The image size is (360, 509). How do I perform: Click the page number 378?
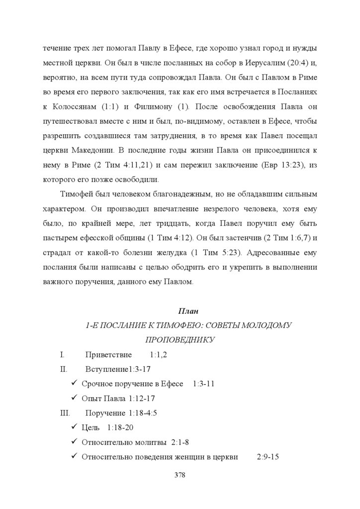pos(180,475)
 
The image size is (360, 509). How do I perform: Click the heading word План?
pos(188,311)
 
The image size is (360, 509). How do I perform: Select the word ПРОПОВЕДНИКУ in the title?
pos(180,340)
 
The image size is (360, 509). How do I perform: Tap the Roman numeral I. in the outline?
pos(62,355)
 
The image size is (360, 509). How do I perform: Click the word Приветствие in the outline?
pos(108,355)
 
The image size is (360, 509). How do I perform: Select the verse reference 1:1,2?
pos(158,355)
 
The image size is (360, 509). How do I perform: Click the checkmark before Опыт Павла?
pos(74,398)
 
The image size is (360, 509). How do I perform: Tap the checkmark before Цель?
pos(74,427)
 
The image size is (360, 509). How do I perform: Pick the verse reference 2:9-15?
pos(268,456)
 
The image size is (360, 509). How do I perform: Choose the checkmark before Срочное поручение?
pos(74,384)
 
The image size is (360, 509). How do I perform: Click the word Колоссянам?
pos(74,107)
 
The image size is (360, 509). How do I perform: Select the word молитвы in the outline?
pos(153,442)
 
